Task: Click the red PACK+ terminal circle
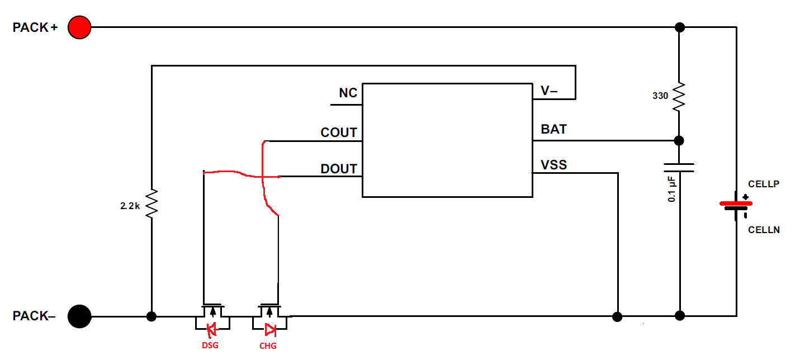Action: [79, 27]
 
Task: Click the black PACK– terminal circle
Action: [79, 316]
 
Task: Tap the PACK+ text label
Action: [35, 27]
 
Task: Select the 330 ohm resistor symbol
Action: [680, 96]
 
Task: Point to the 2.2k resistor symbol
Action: [151, 204]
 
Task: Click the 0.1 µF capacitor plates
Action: [680, 168]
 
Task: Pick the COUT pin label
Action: [339, 132]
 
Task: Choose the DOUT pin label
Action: [339, 169]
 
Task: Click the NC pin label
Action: [348, 93]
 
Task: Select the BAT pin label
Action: [553, 129]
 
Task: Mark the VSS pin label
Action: [553, 165]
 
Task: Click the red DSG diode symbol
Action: [212, 329]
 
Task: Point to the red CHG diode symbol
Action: [269, 329]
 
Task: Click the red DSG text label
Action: [210, 345]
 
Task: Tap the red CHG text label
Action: [268, 346]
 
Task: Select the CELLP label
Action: [764, 184]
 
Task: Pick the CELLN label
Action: [764, 230]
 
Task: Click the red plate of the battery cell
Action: [735, 203]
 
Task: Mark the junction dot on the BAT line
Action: [680, 140]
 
